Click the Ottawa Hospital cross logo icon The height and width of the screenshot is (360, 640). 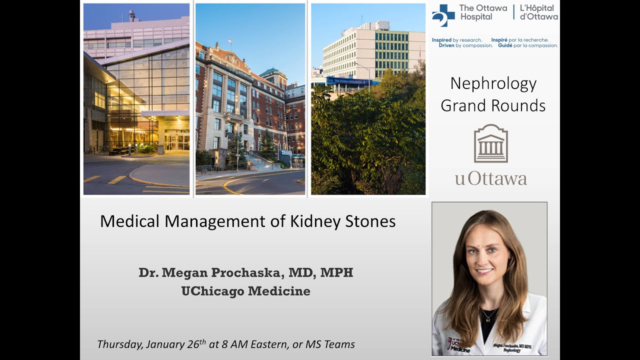coord(443,15)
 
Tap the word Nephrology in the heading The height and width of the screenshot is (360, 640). coord(493,83)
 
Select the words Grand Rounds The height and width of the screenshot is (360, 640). coord(493,105)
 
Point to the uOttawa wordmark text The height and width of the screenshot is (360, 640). coord(490,178)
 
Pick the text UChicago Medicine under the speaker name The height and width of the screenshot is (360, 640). coord(245,291)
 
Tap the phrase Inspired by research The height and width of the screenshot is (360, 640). coord(457,40)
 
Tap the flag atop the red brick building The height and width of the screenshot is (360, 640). coord(229,42)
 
